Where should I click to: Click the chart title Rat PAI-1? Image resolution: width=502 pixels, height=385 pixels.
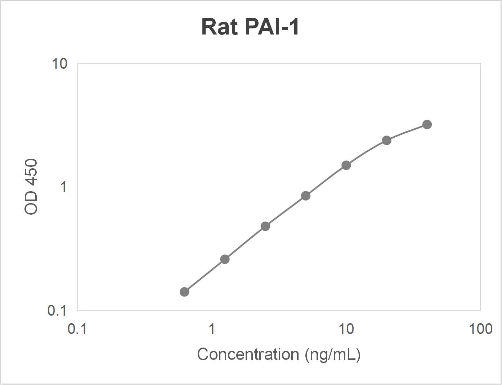coord(250,27)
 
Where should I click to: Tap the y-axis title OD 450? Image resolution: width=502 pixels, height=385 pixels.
coord(31,187)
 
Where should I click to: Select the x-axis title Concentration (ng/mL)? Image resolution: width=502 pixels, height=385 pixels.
coord(279,354)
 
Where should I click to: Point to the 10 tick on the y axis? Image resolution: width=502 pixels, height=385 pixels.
coord(59,64)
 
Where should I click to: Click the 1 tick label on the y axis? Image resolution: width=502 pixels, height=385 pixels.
coord(63,187)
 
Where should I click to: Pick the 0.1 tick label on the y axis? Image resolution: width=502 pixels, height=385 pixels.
coord(57,310)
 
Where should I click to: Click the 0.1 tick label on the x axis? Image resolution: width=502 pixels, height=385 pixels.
coord(77,329)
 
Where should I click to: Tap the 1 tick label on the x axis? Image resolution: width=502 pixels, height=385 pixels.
coord(212,329)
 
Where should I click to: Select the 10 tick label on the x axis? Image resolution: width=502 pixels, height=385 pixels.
coord(346,329)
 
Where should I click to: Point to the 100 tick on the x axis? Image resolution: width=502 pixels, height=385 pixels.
coord(480,329)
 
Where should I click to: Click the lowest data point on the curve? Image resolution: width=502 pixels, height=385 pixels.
coord(184,292)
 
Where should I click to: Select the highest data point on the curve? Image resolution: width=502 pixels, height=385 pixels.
coord(427,125)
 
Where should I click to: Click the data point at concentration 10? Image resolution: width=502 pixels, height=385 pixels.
coord(346,165)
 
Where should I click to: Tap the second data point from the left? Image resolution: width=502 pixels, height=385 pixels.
coord(225,259)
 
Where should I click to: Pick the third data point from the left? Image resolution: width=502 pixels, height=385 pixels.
coord(265,226)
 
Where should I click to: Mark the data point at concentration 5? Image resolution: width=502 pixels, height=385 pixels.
coord(306,196)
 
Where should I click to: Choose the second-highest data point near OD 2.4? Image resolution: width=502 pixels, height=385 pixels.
coord(387,140)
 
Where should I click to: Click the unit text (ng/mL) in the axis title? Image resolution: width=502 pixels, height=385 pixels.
coord(332,355)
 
